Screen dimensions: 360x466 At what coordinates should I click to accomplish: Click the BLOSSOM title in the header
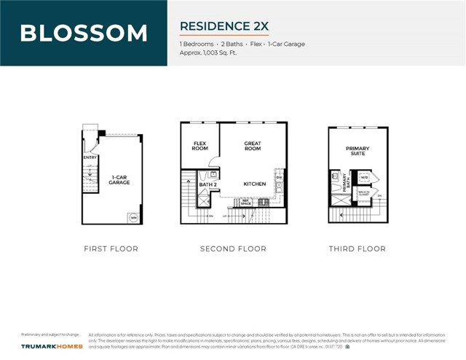point(84,33)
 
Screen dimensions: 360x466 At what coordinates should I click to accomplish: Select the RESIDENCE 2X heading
point(224,26)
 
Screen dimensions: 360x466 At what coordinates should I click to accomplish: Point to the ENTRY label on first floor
point(90,157)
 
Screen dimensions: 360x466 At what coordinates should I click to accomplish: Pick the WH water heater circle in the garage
point(133,217)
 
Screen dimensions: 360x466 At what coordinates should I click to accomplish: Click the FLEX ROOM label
point(200,146)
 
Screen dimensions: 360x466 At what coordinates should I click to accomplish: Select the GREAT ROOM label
point(253,146)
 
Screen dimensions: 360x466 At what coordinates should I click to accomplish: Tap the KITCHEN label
point(254,184)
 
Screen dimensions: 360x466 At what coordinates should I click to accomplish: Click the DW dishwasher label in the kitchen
point(278,177)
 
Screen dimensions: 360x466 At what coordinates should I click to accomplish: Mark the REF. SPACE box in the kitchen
point(246,200)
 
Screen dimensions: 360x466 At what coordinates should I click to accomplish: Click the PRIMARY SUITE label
point(358,151)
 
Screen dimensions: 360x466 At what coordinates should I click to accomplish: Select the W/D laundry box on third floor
point(364,177)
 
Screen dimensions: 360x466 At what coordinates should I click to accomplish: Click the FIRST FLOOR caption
point(111,249)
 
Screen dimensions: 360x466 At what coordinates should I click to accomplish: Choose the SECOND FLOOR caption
point(233,249)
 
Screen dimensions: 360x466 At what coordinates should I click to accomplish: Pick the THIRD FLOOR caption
point(357,249)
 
